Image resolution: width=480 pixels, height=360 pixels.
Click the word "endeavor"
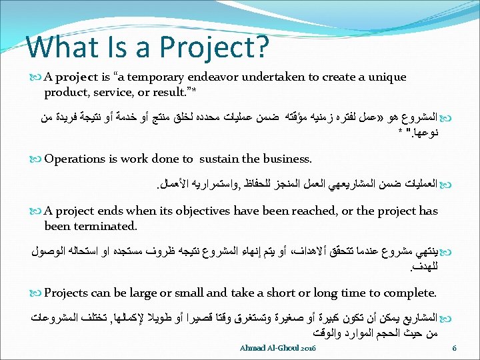click(209, 77)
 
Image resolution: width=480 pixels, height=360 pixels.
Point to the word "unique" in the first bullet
click(385, 77)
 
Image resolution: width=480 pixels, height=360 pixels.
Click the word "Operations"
click(75, 159)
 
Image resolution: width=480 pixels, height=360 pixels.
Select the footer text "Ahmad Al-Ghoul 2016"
click(279, 348)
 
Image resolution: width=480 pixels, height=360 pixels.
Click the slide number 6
click(454, 348)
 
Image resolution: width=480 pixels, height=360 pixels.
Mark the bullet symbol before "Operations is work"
click(37, 159)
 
